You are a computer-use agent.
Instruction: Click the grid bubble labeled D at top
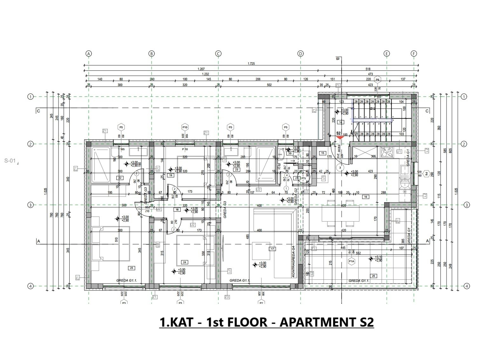coord(301,54)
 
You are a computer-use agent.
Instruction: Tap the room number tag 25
coord(132,268)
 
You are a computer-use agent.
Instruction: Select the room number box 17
coord(272,249)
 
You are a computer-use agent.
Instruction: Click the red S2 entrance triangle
coord(340,137)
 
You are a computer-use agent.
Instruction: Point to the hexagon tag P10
coord(185,127)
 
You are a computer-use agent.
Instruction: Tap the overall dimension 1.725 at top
coord(251,63)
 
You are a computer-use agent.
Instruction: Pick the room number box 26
coord(374,276)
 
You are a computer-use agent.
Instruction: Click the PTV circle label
coord(304,178)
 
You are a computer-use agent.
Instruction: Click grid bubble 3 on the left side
coord(31,205)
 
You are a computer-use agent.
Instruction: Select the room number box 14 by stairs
coord(341,122)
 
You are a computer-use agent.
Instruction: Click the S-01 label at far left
coord(10,161)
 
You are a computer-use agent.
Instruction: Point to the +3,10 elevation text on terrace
coord(378,257)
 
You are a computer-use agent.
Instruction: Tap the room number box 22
coord(120,178)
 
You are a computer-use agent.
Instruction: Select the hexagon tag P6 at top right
coord(377,79)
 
